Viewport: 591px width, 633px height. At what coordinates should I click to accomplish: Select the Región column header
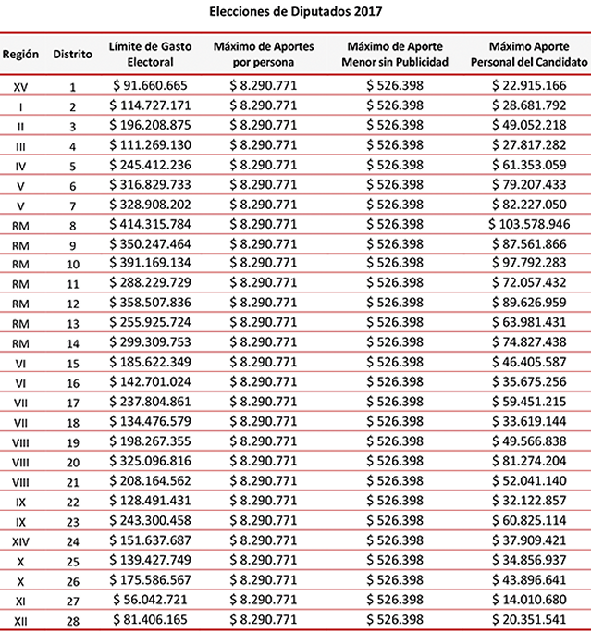coord(20,54)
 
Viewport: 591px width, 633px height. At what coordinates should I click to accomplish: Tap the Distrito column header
coord(73,54)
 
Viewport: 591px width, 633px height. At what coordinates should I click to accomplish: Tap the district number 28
coord(73,620)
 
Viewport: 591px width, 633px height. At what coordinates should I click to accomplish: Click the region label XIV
coord(20,541)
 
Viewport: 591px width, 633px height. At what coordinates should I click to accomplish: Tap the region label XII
coord(20,620)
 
